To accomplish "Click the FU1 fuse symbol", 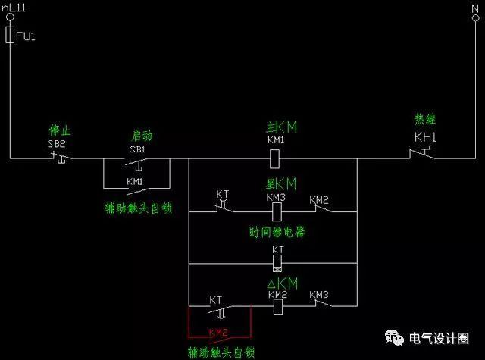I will point(10,35).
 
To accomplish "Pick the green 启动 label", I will point(142,135).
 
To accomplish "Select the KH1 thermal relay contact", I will point(421,155).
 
